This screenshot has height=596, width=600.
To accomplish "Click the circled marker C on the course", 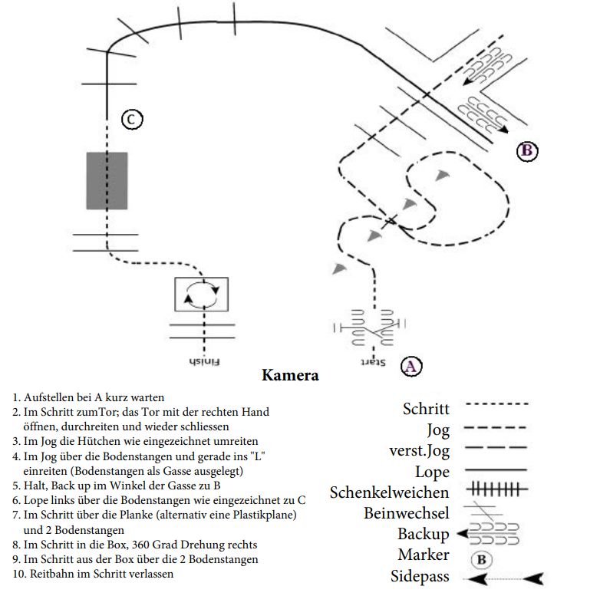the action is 132,120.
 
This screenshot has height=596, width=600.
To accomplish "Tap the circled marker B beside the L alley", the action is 527,150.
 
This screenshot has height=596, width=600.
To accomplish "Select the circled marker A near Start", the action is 411,366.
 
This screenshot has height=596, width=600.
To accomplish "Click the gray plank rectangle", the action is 107,180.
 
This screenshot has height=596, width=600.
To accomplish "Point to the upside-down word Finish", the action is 205,361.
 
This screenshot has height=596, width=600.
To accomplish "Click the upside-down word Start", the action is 373,362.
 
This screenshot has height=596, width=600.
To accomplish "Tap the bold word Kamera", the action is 290,375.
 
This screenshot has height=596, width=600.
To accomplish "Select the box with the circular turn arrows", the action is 201,295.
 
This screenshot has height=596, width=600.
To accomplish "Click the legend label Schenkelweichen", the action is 389,492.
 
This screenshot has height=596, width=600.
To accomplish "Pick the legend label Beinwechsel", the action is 407,513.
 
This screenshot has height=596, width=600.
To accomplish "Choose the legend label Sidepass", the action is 420,577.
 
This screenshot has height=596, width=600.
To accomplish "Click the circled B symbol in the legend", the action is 481,560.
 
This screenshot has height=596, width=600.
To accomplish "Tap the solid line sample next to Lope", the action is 496,469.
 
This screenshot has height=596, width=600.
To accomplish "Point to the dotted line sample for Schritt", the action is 496,403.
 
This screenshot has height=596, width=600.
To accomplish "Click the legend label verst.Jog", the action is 420,451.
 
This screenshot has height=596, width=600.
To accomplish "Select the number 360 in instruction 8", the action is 142,545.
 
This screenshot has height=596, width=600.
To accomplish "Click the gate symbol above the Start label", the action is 369,327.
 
